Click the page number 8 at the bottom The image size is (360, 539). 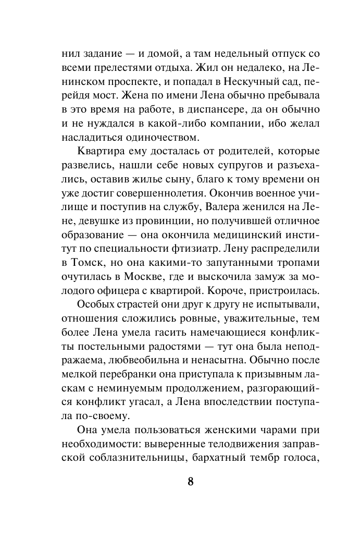click(190, 481)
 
